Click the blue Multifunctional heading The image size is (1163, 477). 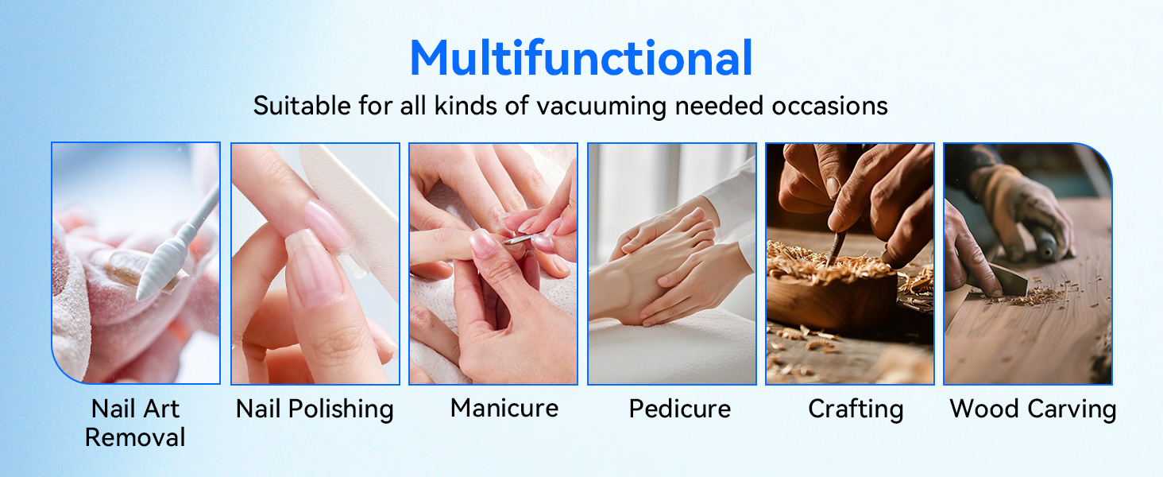coord(581,58)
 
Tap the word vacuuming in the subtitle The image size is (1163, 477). coord(601,106)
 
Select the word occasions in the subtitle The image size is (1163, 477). coord(829,106)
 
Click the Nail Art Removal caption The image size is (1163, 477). coord(135,422)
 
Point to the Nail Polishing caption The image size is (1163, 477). coord(315,409)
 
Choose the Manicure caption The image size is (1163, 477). coord(504,408)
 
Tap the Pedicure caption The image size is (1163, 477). coord(680,409)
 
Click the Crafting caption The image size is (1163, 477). coord(856,409)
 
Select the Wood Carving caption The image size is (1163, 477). coord(1033,409)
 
